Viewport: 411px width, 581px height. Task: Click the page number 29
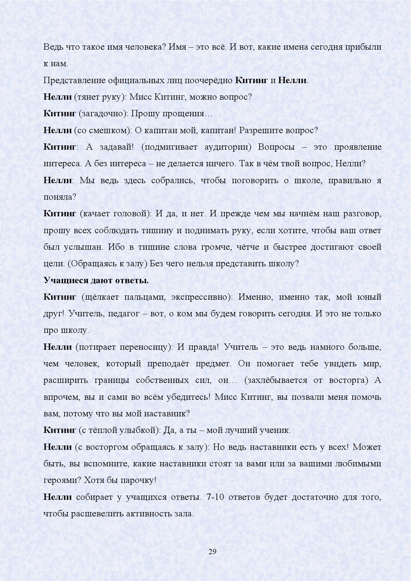(212, 551)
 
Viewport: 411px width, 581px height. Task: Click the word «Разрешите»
(260, 130)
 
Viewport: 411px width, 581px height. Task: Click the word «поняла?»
(60, 197)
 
